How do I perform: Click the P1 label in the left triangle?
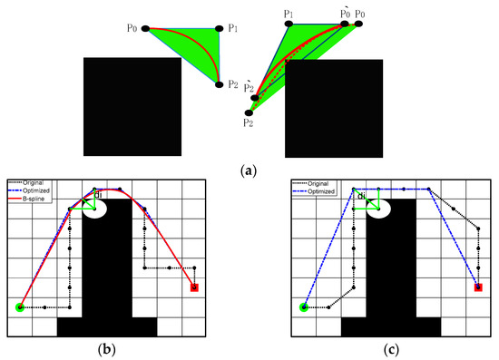point(231,28)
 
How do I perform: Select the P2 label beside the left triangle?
point(234,85)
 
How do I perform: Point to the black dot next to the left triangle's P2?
point(220,84)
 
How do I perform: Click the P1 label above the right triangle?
point(289,13)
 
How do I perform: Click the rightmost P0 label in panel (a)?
point(361,14)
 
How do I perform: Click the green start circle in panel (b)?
point(20,307)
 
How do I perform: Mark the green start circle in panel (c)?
point(304,307)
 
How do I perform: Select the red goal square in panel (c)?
point(479,287)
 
